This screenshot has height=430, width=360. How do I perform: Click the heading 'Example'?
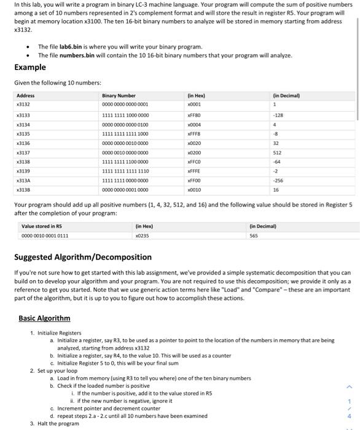pyautogui.click(x=30, y=67)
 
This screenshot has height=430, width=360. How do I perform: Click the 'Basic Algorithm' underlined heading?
pyautogui.click(x=44, y=318)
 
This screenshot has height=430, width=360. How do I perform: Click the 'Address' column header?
pyautogui.click(x=26, y=95)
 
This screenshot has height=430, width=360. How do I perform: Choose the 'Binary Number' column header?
pyautogui.click(x=119, y=95)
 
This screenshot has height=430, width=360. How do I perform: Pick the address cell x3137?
pyautogui.click(x=23, y=152)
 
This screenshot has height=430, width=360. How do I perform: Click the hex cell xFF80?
pyautogui.click(x=195, y=114)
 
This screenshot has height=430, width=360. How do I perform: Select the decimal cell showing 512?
pyautogui.click(x=277, y=152)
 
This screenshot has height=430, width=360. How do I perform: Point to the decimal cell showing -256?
pyautogui.click(x=278, y=181)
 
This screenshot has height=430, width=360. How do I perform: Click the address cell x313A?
pyautogui.click(x=23, y=181)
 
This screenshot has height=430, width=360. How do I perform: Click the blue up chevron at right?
pyautogui.click(x=349, y=386)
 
